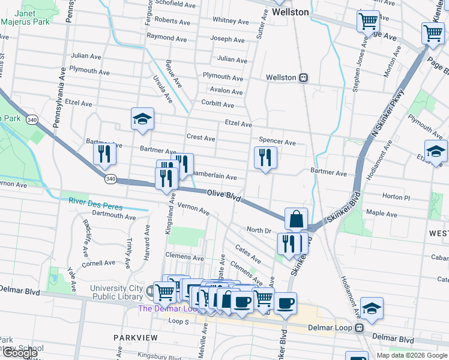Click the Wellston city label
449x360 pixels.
(290, 12)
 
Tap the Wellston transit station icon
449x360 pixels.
(304, 77)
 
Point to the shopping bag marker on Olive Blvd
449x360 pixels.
(297, 219)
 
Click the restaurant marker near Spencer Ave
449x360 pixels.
(265, 158)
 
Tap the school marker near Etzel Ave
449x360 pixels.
(142, 119)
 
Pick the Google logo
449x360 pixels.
(19, 353)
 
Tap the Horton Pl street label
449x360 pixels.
(395, 197)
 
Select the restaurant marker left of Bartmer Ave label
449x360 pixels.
(105, 154)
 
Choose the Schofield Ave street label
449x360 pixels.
(175, 4)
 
